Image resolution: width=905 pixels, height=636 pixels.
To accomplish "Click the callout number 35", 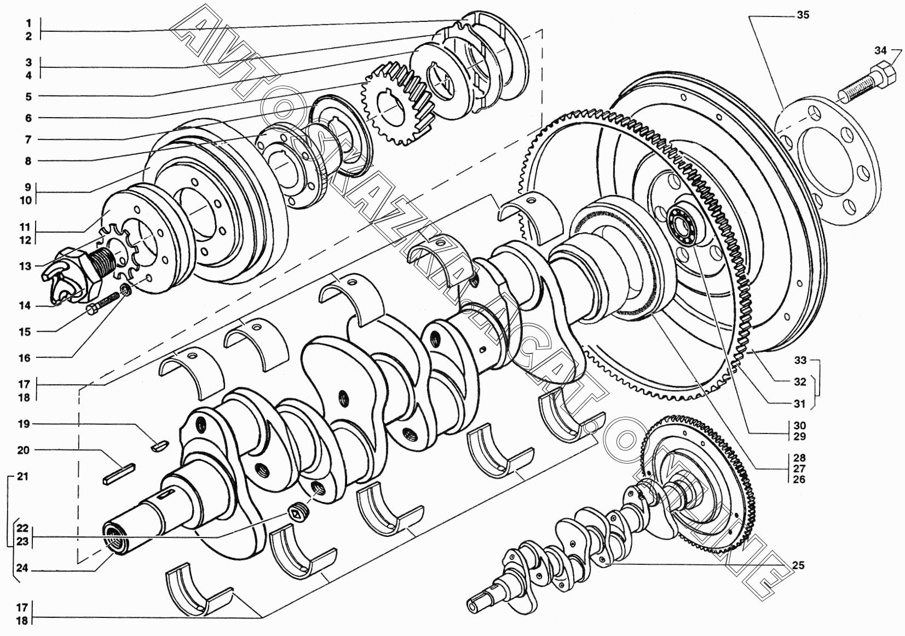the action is [x=803, y=15].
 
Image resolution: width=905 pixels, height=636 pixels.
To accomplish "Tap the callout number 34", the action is [x=880, y=50].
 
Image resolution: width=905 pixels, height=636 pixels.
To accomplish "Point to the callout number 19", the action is [x=24, y=424].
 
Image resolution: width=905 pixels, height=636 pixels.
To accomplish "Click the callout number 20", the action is [x=24, y=450].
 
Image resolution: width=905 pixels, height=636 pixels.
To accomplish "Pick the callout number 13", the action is [x=25, y=266].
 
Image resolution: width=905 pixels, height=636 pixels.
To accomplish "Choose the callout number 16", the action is [x=25, y=358].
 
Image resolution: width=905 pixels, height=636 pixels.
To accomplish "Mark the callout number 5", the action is [x=28, y=96].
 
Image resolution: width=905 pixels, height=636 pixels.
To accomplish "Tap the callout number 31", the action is [x=799, y=403].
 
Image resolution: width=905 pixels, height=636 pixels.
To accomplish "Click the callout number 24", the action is [x=22, y=568].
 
